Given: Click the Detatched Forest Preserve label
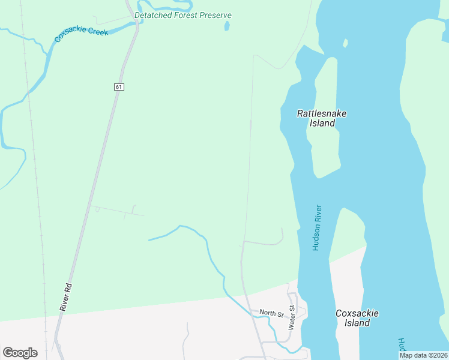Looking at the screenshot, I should click(x=182, y=15).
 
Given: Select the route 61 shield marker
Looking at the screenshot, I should click(x=119, y=87).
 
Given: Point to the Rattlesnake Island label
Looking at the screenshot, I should click(x=322, y=118).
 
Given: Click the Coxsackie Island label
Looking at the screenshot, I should click(x=357, y=318).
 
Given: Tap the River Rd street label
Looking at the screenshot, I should click(x=65, y=296).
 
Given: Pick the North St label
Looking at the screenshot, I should click(x=271, y=314).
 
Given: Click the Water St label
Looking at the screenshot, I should click(x=291, y=318).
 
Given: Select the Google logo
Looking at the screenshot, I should click(x=20, y=353).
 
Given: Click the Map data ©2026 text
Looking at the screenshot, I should click(x=423, y=355).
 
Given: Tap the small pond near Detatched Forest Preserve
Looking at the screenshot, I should click(x=227, y=26).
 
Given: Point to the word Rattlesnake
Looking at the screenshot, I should click(x=322, y=113).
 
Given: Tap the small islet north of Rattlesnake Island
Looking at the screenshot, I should click(x=345, y=43).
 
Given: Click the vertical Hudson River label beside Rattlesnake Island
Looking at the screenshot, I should click(x=317, y=228).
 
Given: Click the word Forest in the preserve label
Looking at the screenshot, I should click(x=185, y=15).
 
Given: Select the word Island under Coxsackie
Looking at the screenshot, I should click(x=357, y=323).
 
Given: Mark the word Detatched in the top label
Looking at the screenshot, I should click(x=152, y=15).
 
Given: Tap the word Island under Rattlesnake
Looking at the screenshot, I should click(x=322, y=124).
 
